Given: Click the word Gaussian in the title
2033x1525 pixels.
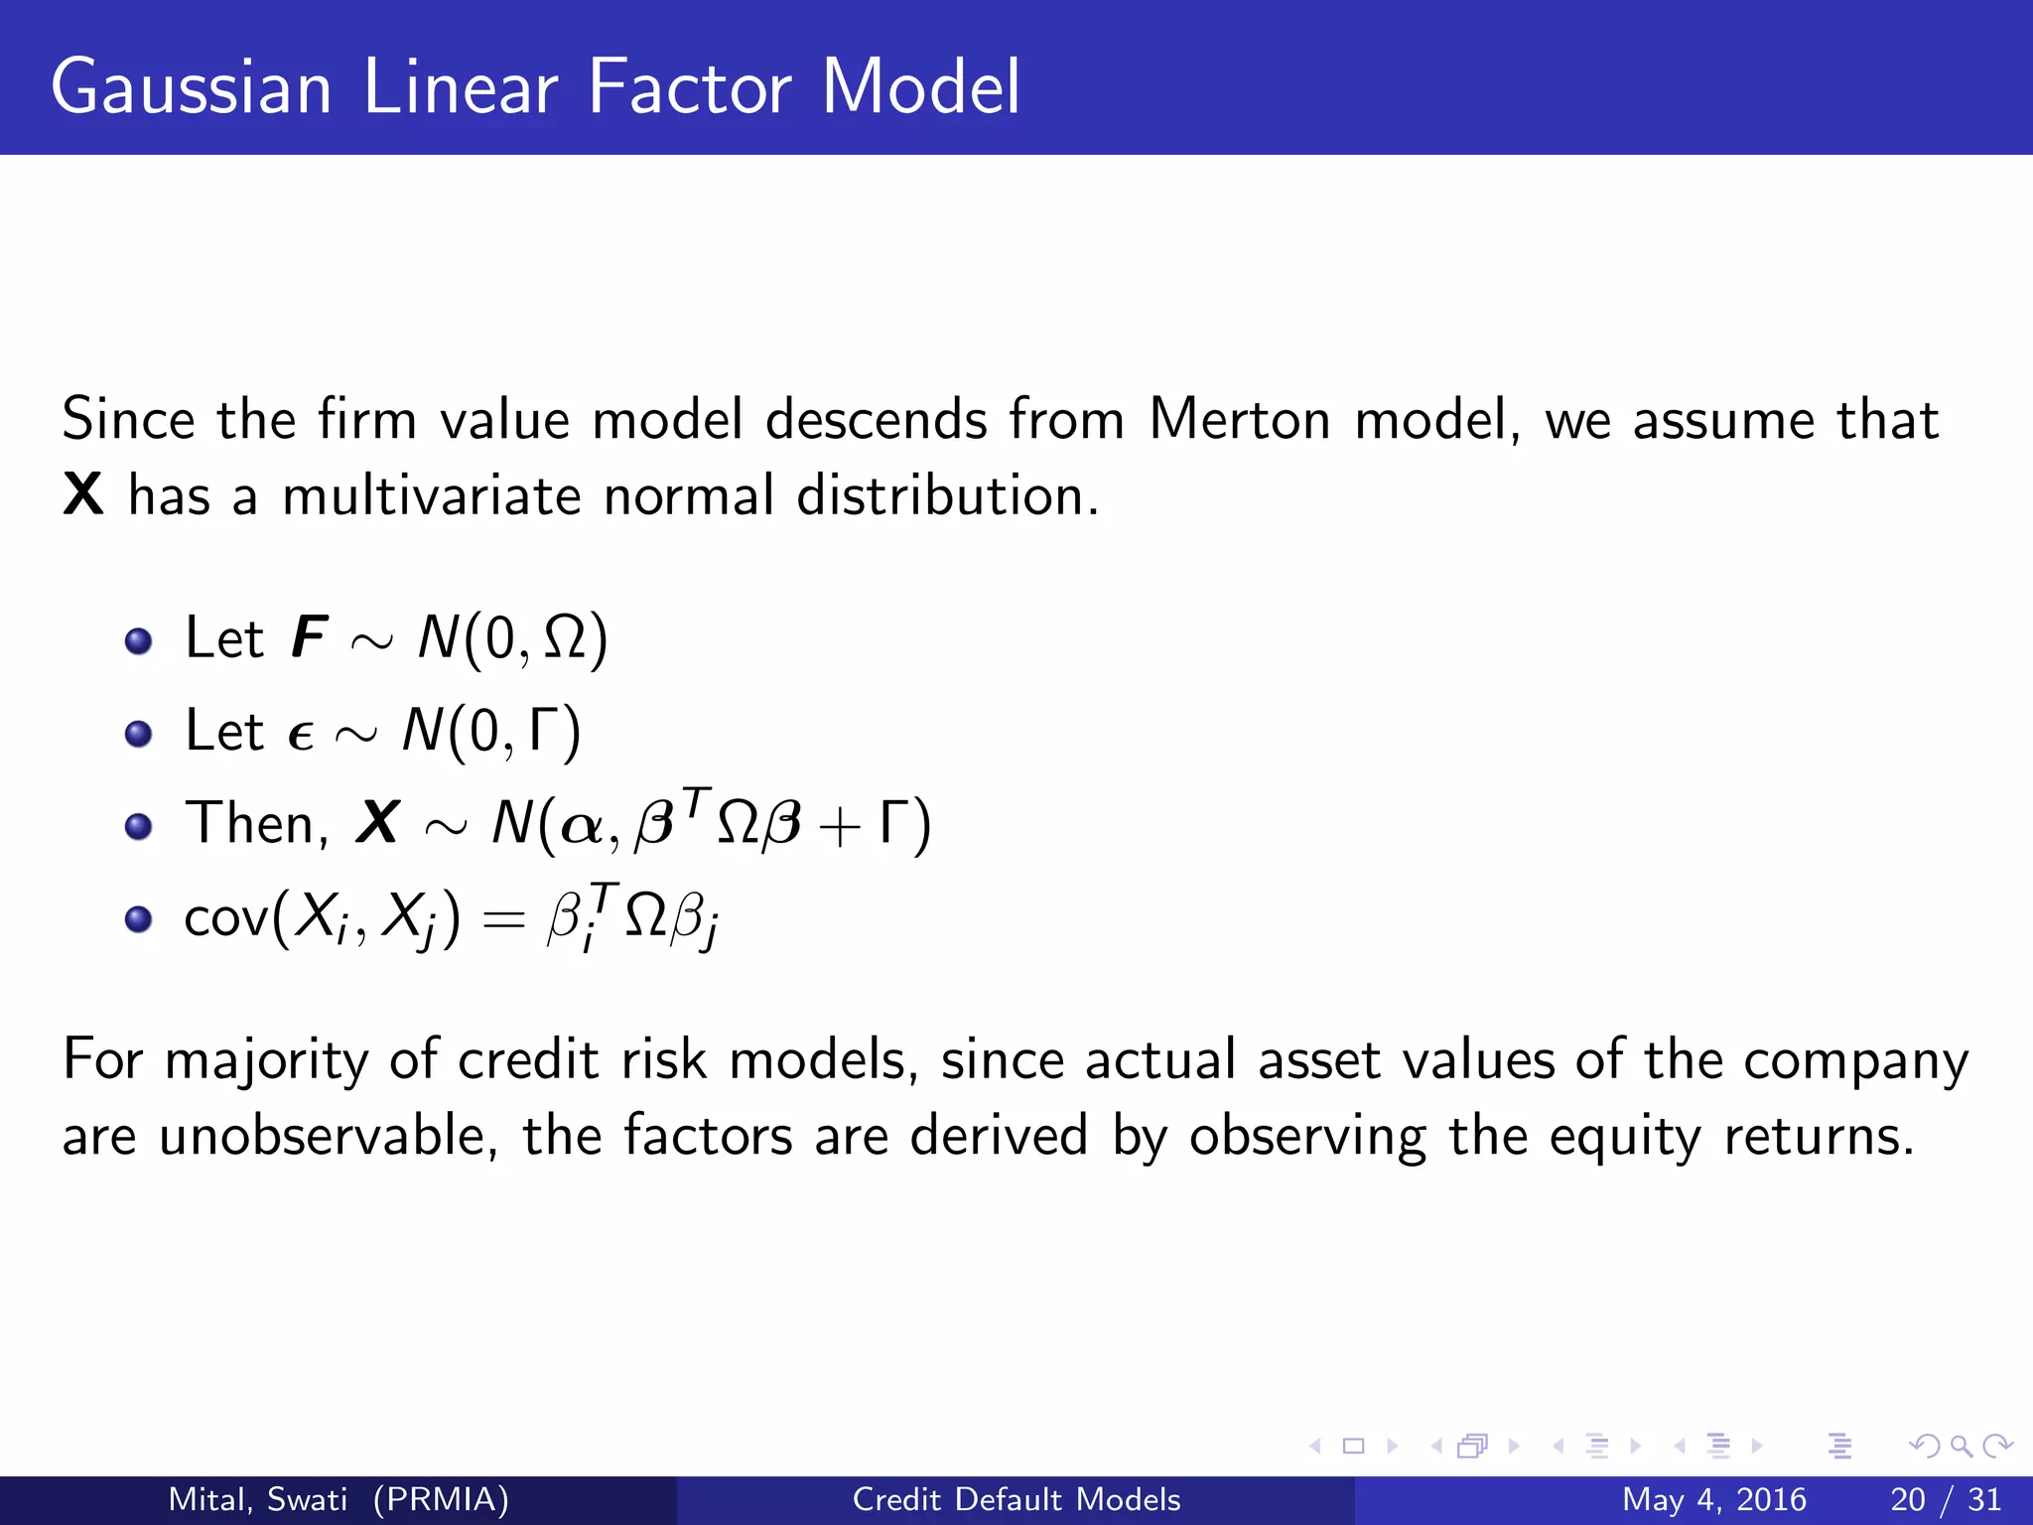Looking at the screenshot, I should coord(191,87).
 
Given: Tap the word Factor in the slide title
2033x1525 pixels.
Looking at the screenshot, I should coord(690,87).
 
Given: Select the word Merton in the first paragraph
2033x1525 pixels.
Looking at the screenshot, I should coord(1239,419).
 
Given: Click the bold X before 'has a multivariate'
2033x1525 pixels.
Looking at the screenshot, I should coord(83,494).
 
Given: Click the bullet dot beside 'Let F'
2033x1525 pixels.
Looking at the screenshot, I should coord(139,640).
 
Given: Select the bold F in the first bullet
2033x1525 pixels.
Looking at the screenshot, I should coord(309,637).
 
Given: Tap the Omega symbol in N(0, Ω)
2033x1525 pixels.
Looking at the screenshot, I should coord(565,638).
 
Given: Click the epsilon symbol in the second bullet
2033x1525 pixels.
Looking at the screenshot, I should coord(300,736).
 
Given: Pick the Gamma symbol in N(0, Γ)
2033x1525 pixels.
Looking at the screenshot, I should coord(543,731).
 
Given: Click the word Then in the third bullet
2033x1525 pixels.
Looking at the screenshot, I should coord(250,823).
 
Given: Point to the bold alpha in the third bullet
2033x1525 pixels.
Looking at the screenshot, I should coord(582,826).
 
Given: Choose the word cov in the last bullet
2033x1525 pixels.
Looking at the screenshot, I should coord(226,917).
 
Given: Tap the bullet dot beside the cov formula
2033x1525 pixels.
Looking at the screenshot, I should coord(139,919).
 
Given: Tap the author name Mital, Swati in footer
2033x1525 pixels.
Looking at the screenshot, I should coord(258,1499).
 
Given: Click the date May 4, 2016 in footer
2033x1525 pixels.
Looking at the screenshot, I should coord(1713,1499).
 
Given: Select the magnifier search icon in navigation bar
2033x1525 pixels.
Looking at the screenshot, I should coord(1961,1446).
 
